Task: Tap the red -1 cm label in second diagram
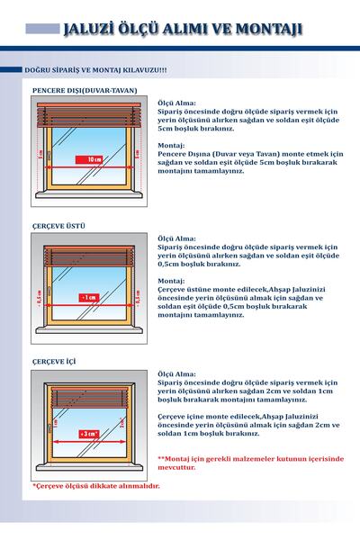pyautogui.click(x=88, y=296)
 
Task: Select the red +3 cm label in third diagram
pyautogui.click(x=88, y=433)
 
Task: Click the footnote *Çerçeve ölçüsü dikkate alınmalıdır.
pyautogui.click(x=95, y=486)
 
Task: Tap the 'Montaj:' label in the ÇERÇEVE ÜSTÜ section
pyautogui.click(x=171, y=280)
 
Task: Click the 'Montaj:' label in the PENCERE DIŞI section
pyautogui.click(x=171, y=145)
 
